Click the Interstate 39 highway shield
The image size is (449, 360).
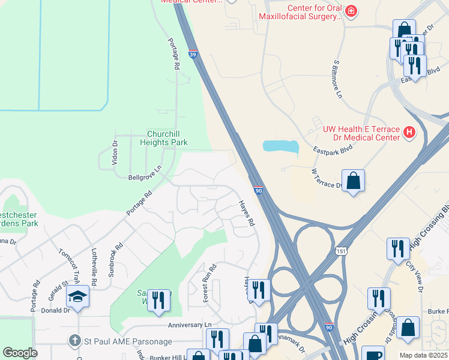coord(192,54)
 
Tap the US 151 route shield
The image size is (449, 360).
coord(341,250)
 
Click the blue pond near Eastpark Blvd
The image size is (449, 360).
coord(280,146)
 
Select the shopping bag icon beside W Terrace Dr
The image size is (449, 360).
coord(354,180)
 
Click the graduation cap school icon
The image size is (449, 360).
coord(77,296)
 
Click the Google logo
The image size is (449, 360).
coord(20,352)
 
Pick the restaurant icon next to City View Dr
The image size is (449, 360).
coord(398,248)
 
